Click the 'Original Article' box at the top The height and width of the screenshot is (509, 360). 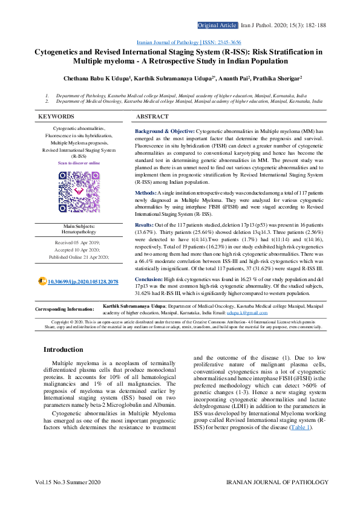217,25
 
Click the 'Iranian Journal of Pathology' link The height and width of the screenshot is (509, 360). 168,43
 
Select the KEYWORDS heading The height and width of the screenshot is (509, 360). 56,116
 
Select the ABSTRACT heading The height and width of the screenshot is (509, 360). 152,116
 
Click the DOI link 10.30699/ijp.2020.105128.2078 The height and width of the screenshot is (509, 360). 82,282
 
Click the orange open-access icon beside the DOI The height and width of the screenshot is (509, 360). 42,282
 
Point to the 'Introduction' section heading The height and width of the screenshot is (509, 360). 64,349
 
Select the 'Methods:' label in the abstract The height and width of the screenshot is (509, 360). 146,192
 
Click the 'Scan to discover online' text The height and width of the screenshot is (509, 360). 79,163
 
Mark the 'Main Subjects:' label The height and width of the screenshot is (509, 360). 79,226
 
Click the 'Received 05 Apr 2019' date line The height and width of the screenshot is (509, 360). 79,241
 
